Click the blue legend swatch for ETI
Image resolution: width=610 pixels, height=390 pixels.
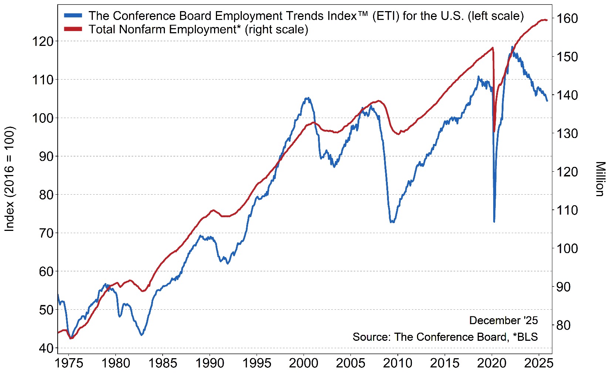click(73, 16)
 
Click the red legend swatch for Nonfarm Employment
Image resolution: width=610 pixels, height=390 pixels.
click(73, 29)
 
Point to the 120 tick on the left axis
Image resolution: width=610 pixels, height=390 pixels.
click(43, 41)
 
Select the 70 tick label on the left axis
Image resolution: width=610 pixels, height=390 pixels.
click(46, 233)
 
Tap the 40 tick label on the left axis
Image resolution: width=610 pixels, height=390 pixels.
click(46, 348)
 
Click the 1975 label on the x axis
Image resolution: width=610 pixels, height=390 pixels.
click(69, 363)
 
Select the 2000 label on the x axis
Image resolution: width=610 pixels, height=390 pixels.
click(304, 363)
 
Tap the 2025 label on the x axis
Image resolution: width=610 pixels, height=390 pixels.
click(539, 363)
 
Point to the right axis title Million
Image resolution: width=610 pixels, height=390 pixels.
click(600, 179)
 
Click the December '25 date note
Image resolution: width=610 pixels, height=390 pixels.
click(504, 320)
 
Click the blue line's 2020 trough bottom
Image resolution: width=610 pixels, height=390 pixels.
click(494, 221)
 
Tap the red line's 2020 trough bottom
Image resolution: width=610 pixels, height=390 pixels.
click(494, 131)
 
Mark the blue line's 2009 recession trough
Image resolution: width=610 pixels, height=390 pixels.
click(392, 222)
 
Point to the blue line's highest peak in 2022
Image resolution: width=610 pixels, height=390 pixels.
click(512, 47)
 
